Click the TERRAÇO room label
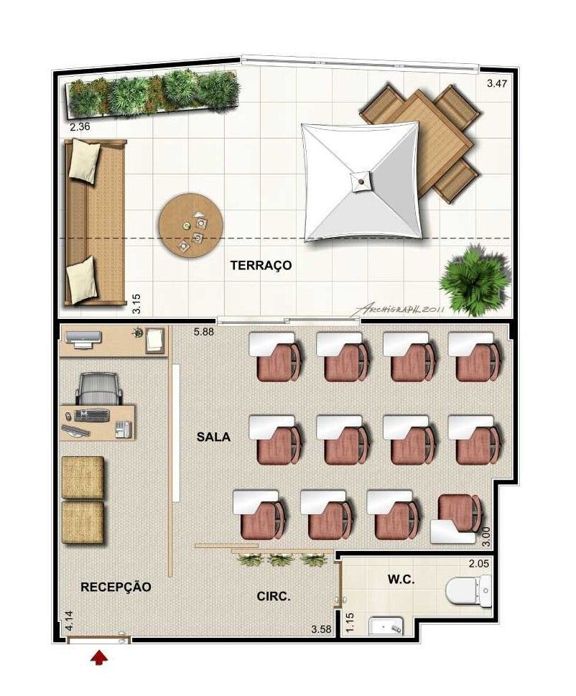click(261, 266)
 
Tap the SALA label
click(213, 437)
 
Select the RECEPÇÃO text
click(116, 587)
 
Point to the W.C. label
click(401, 579)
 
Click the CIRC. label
click(274, 597)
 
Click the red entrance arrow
click(99, 657)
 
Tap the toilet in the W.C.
click(468, 591)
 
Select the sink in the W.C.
click(386, 626)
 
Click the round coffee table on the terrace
click(191, 224)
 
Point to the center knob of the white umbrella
click(361, 182)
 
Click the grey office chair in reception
click(98, 389)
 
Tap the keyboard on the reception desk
click(92, 415)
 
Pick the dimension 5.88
click(204, 332)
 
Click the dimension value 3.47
click(496, 83)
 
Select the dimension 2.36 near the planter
click(80, 126)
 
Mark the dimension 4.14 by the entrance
click(69, 621)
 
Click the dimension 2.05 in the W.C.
click(479, 563)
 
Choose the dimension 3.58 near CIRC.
click(321, 629)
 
